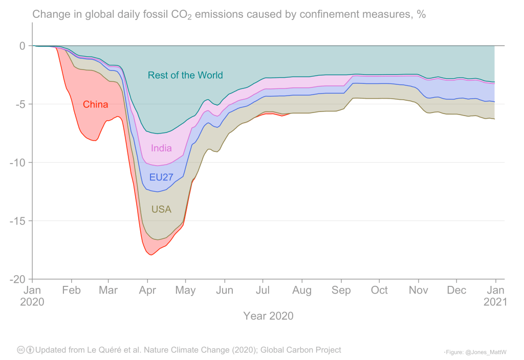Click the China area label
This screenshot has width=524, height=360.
click(96, 105)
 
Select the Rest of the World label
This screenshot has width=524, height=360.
click(185, 76)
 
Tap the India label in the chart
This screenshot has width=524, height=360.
click(161, 149)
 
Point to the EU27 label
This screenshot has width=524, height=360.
click(161, 177)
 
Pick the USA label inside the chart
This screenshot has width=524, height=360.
click(161, 210)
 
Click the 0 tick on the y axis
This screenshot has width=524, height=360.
click(22, 46)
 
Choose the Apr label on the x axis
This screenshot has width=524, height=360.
click(147, 290)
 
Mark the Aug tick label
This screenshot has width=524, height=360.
click(302, 290)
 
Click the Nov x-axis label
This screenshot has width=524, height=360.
click(418, 290)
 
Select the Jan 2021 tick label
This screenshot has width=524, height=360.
click(495, 296)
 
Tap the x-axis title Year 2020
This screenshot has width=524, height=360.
click(268, 316)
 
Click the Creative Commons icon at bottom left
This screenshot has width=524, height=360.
click(21, 350)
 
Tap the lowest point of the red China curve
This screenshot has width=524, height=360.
click(151, 255)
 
